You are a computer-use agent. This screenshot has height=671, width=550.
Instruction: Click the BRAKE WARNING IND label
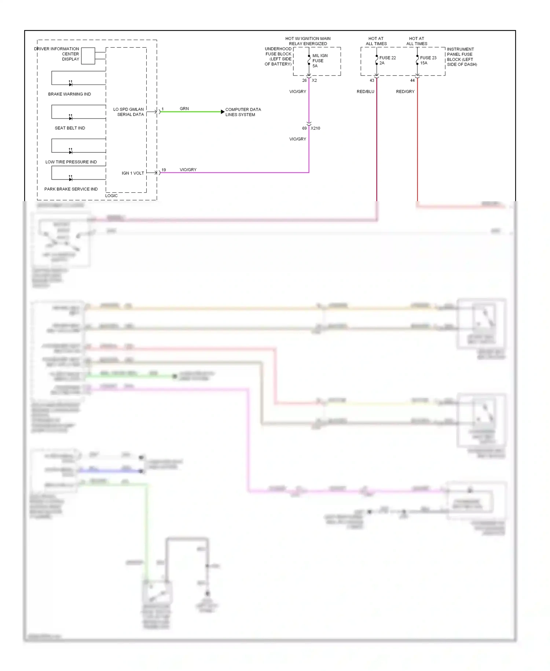69,94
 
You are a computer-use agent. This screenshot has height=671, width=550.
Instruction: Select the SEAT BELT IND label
70,128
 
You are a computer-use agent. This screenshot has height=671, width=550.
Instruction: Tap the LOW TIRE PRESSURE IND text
71,162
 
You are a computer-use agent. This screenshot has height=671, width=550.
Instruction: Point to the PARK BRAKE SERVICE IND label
71,189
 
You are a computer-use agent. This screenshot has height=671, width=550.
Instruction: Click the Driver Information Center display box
88,56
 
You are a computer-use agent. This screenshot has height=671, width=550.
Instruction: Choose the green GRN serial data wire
191,112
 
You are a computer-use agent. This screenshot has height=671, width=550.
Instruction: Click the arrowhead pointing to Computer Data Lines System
223,112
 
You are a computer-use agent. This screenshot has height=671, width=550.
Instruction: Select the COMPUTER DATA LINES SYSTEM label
243,112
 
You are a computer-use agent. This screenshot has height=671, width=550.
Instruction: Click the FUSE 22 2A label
387,60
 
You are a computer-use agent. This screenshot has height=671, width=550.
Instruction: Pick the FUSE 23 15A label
428,60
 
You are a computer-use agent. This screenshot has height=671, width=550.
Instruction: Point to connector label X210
315,128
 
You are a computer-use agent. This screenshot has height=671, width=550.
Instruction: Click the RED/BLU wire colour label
365,91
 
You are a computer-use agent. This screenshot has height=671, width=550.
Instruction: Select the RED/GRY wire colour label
405,91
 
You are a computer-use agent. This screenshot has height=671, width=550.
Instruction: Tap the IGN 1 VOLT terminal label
133,173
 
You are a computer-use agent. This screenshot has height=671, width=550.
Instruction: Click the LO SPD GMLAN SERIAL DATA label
128,112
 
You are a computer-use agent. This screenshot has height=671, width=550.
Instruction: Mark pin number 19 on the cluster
164,170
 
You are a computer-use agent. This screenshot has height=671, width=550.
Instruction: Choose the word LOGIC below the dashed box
111,196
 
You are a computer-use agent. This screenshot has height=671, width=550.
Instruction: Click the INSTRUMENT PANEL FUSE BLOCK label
462,57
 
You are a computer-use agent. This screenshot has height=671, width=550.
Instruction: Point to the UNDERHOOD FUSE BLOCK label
278,56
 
